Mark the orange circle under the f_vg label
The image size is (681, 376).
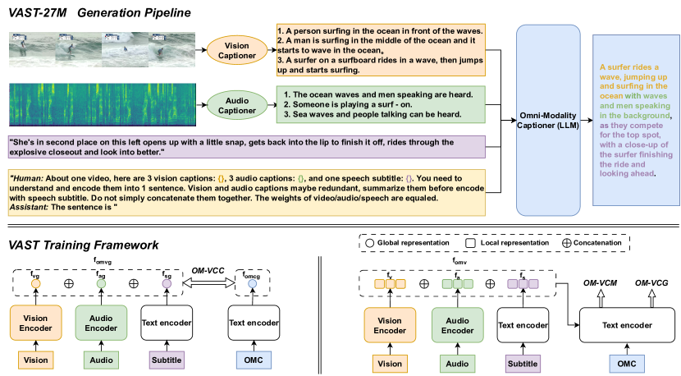[x=35, y=283]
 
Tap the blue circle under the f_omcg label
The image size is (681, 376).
[x=253, y=283]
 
